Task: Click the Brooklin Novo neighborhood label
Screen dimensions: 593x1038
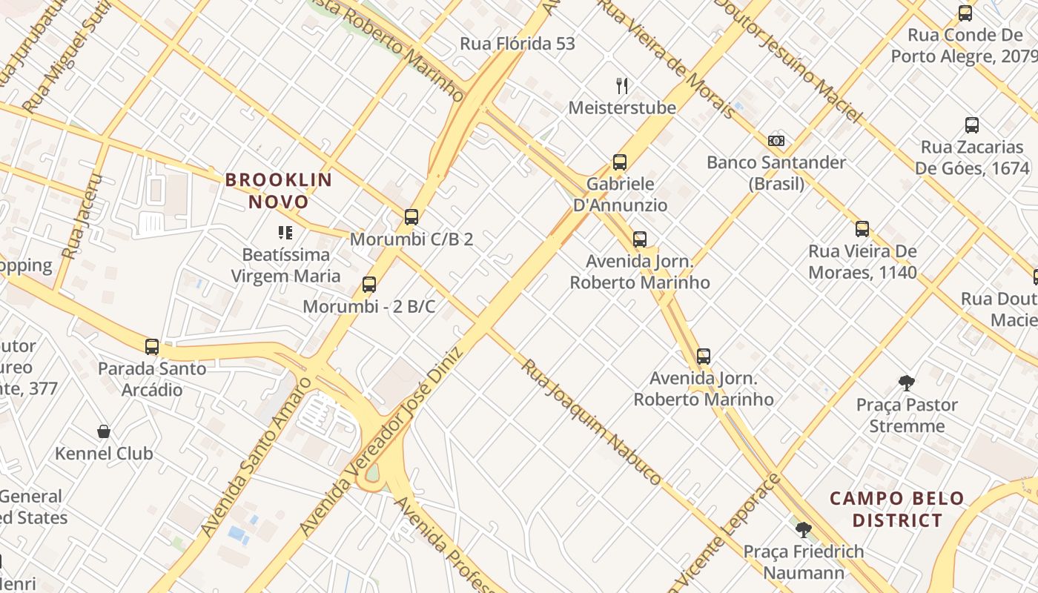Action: [x=279, y=191]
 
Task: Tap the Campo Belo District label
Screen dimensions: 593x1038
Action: [x=896, y=509]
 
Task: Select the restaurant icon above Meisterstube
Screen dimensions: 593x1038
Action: [x=622, y=86]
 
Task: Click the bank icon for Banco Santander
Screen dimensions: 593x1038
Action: [x=776, y=141]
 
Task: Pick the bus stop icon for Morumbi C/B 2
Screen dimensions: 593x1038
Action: [x=411, y=217]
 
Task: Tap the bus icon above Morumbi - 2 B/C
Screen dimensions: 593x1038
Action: [x=368, y=285]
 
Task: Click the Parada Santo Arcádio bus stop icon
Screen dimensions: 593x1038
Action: [x=152, y=346]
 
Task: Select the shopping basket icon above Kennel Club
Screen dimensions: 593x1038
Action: [x=104, y=431]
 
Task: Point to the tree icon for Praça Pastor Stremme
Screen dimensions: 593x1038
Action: [x=906, y=383]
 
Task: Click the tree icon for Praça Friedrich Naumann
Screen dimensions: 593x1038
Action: [x=803, y=530]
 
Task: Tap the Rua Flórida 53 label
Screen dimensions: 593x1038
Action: [x=517, y=44]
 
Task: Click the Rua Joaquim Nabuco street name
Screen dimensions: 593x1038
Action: [x=590, y=422]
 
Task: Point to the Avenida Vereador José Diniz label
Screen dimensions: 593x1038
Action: [x=382, y=440]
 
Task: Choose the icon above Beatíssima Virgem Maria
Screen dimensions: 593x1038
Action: [x=285, y=233]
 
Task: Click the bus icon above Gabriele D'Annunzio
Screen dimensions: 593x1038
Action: [x=620, y=162]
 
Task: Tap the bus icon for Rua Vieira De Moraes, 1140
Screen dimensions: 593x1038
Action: [x=862, y=229]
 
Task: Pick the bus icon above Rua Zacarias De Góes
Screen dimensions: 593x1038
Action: [x=971, y=125]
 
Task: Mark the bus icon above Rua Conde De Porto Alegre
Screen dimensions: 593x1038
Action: [x=965, y=13]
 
